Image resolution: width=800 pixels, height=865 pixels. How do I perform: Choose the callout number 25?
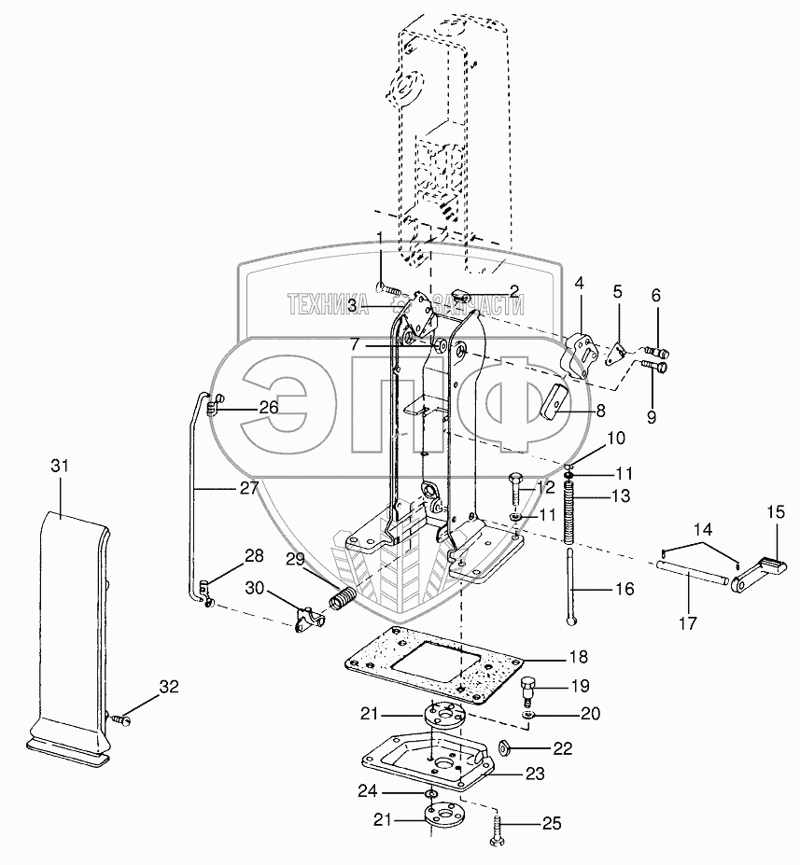tap(552, 824)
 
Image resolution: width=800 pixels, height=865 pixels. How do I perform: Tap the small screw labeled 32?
tap(119, 719)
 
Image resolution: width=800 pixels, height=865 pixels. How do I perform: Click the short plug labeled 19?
tap(527, 691)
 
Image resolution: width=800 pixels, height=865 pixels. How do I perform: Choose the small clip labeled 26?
tap(212, 404)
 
